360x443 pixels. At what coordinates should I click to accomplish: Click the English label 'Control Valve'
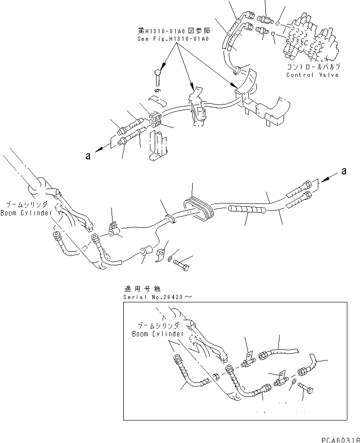pyautogui.click(x=312, y=75)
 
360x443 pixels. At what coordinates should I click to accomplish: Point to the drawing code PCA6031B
pyautogui.click(x=340, y=439)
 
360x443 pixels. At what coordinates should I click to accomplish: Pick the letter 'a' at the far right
pyautogui.click(x=344, y=172)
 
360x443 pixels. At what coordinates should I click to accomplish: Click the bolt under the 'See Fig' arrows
pyautogui.click(x=157, y=75)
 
